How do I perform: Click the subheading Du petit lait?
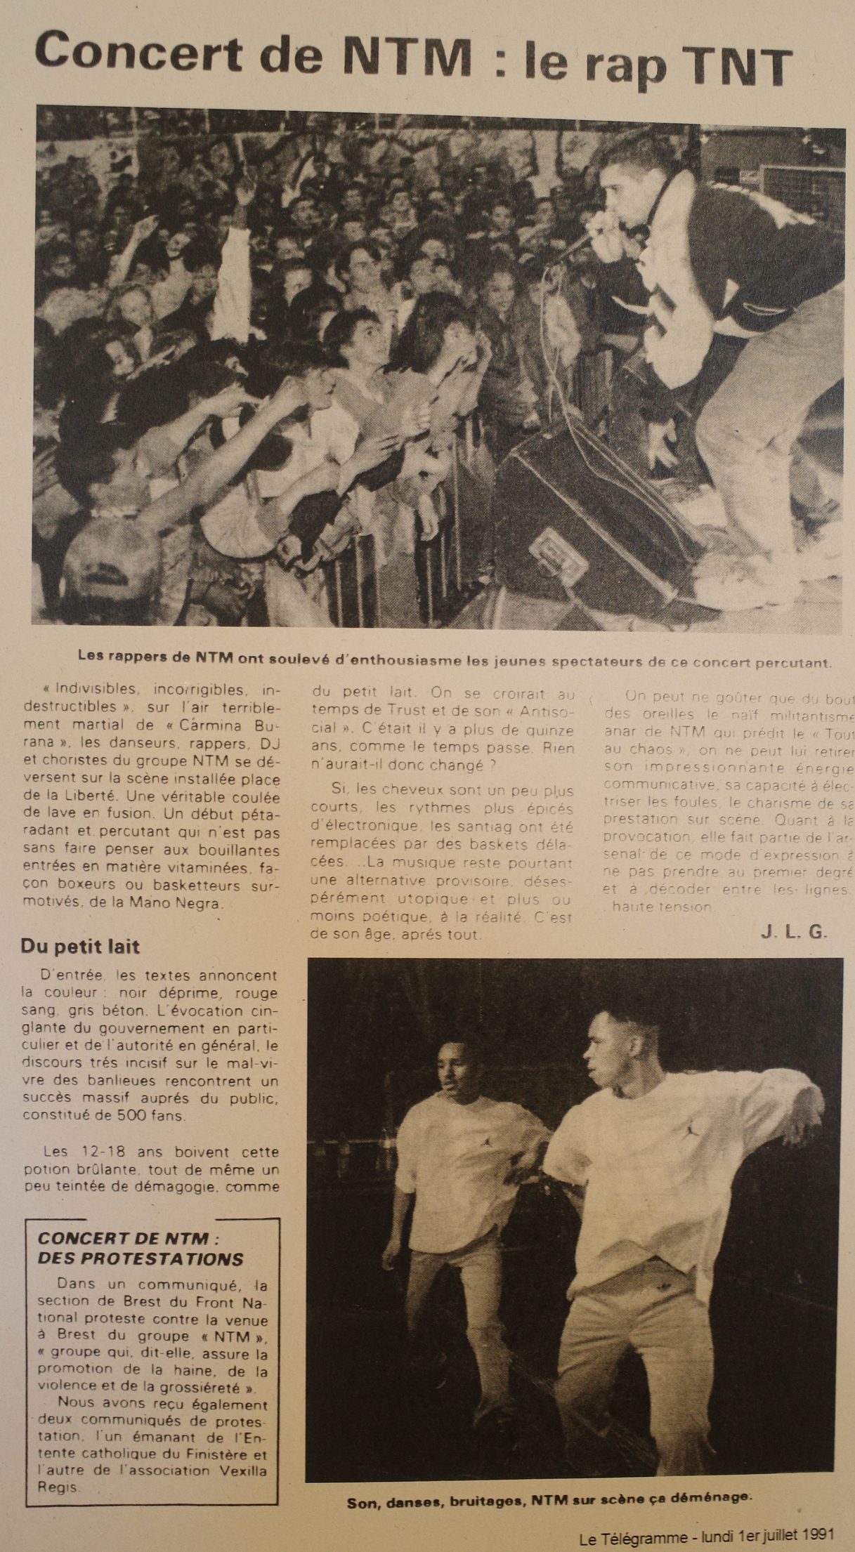click(x=80, y=946)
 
